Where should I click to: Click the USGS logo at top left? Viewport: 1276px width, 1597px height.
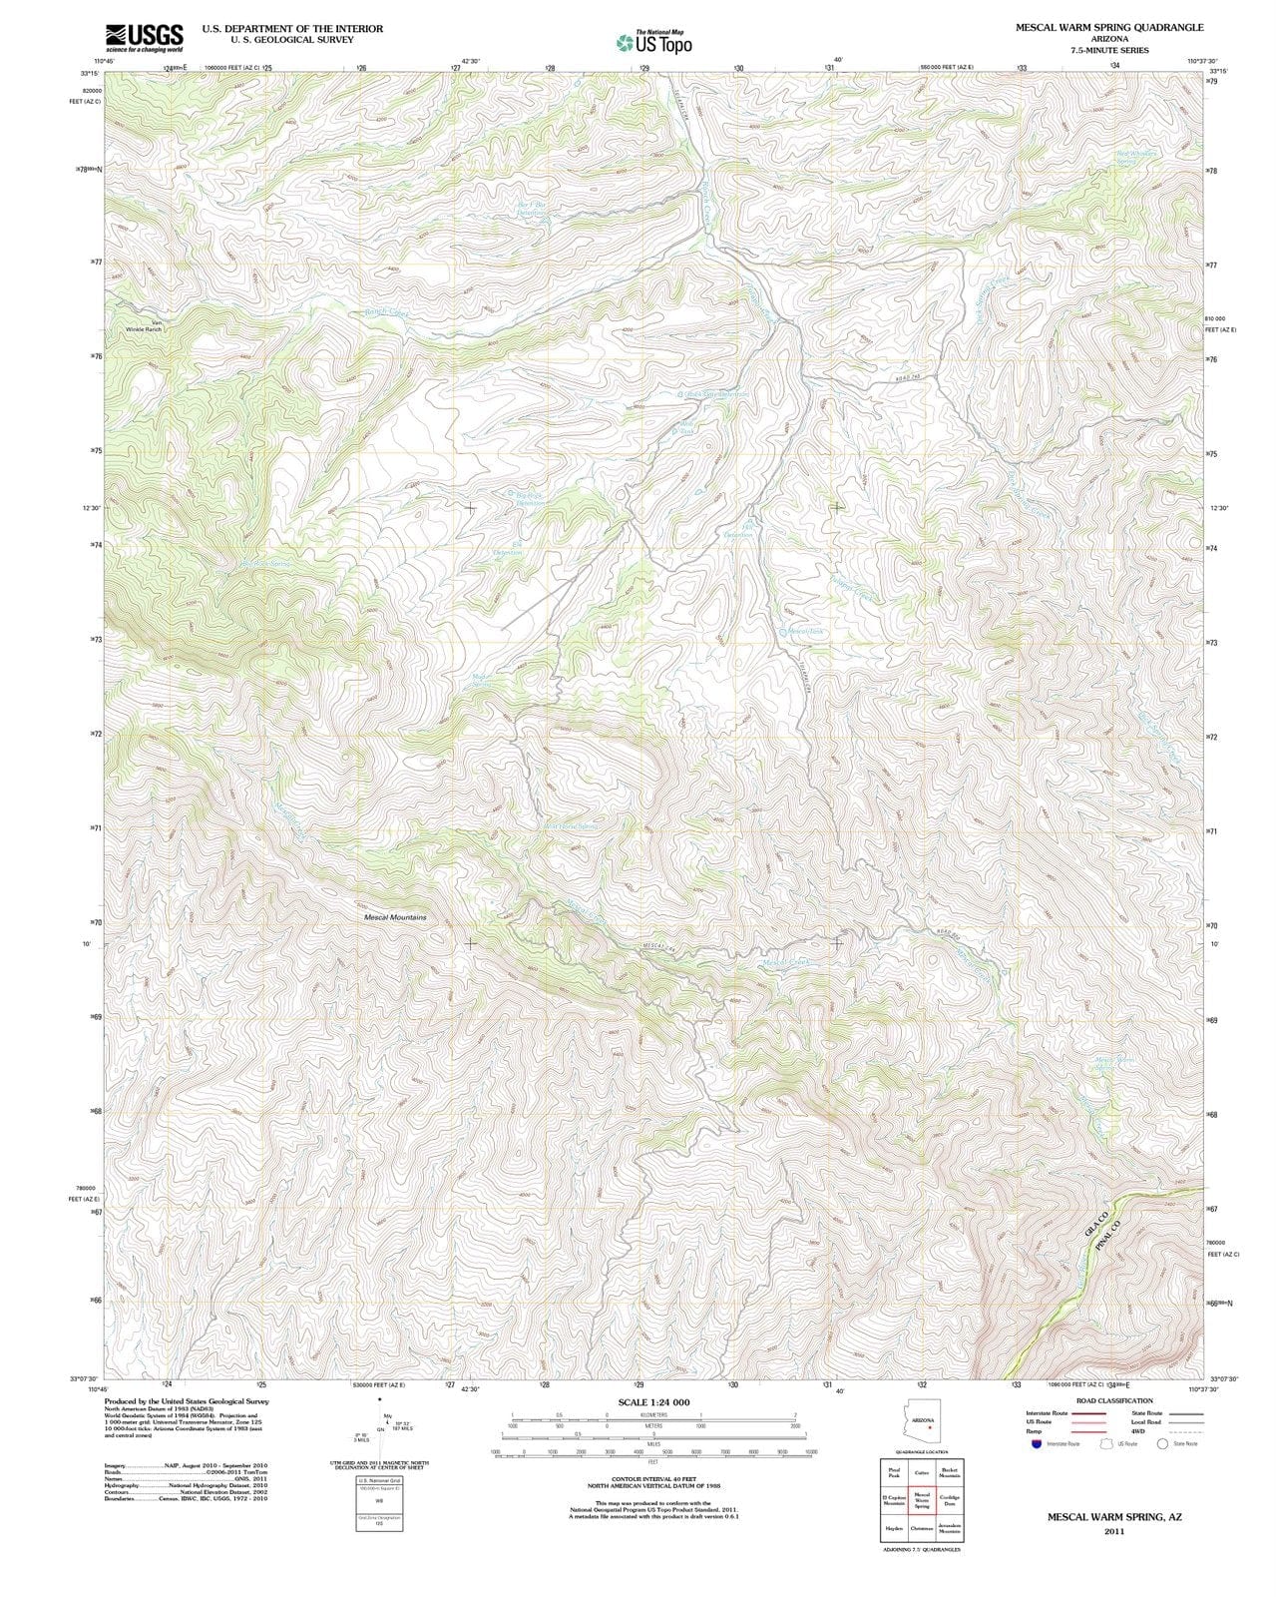[x=146, y=38]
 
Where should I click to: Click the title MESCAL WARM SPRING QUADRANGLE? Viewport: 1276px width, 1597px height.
[x=1109, y=27]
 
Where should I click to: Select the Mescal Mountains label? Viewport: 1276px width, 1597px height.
[x=395, y=916]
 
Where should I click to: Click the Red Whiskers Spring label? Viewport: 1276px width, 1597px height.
[x=1136, y=157]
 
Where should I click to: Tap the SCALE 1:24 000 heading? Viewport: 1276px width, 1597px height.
[x=653, y=1402]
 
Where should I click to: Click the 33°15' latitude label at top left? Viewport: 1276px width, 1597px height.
[x=90, y=73]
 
